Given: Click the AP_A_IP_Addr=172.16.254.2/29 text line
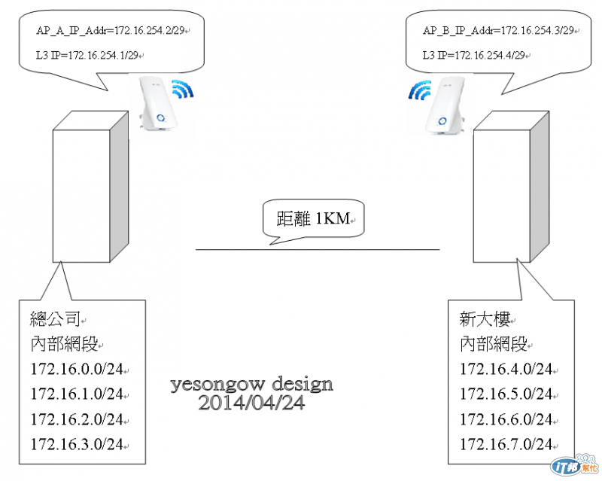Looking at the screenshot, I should [112, 30].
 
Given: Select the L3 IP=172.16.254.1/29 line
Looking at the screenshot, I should [88, 55].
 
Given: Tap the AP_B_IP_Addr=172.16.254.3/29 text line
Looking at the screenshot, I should [499, 30].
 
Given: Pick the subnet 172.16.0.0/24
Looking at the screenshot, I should [77, 370].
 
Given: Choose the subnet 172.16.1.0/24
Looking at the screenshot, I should [77, 394].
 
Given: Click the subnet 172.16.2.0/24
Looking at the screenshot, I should [77, 419].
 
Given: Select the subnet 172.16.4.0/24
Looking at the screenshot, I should [506, 370].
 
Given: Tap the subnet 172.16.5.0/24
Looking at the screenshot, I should [506, 394].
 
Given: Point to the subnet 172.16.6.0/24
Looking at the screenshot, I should [506, 419].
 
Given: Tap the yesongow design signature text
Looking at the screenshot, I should [251, 385].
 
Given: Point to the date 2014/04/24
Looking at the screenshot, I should [251, 403].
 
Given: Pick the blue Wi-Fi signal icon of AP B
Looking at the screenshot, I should [418, 91].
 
